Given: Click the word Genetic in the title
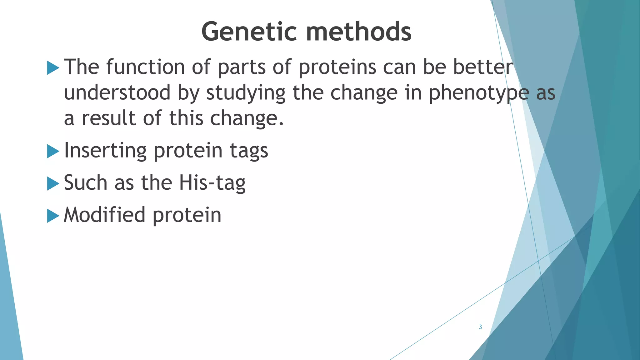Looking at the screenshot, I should [x=249, y=32].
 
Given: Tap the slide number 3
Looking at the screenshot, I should [x=480, y=327].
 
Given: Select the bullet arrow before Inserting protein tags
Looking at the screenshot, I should [x=53, y=152].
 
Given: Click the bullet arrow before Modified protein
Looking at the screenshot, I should [x=53, y=216].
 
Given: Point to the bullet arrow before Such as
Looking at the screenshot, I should [x=53, y=184].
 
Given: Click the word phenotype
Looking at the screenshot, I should [x=478, y=93].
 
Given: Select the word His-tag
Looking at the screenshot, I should [x=212, y=183].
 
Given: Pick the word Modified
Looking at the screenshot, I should [x=104, y=215].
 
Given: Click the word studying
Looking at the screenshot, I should [x=246, y=93].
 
